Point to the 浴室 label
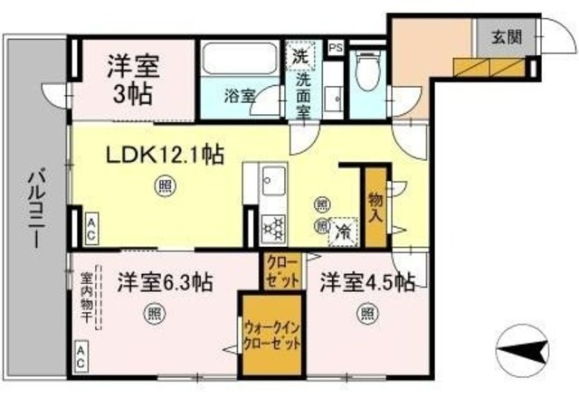(238, 92)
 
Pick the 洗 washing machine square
(299, 55)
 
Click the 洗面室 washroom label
(303, 95)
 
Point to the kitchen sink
(272, 185)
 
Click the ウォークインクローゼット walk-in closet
(269, 336)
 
